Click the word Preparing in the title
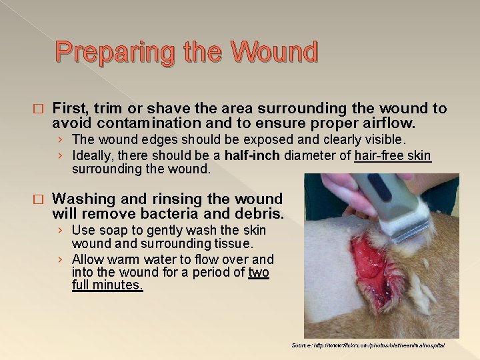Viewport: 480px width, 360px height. pyautogui.click(x=107, y=52)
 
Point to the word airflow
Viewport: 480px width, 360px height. pyautogui.click(x=387, y=123)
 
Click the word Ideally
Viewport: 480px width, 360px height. pyautogui.click(x=95, y=156)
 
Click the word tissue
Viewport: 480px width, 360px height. pyautogui.click(x=237, y=244)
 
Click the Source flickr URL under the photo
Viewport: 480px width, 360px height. pyautogui.click(x=368, y=345)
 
